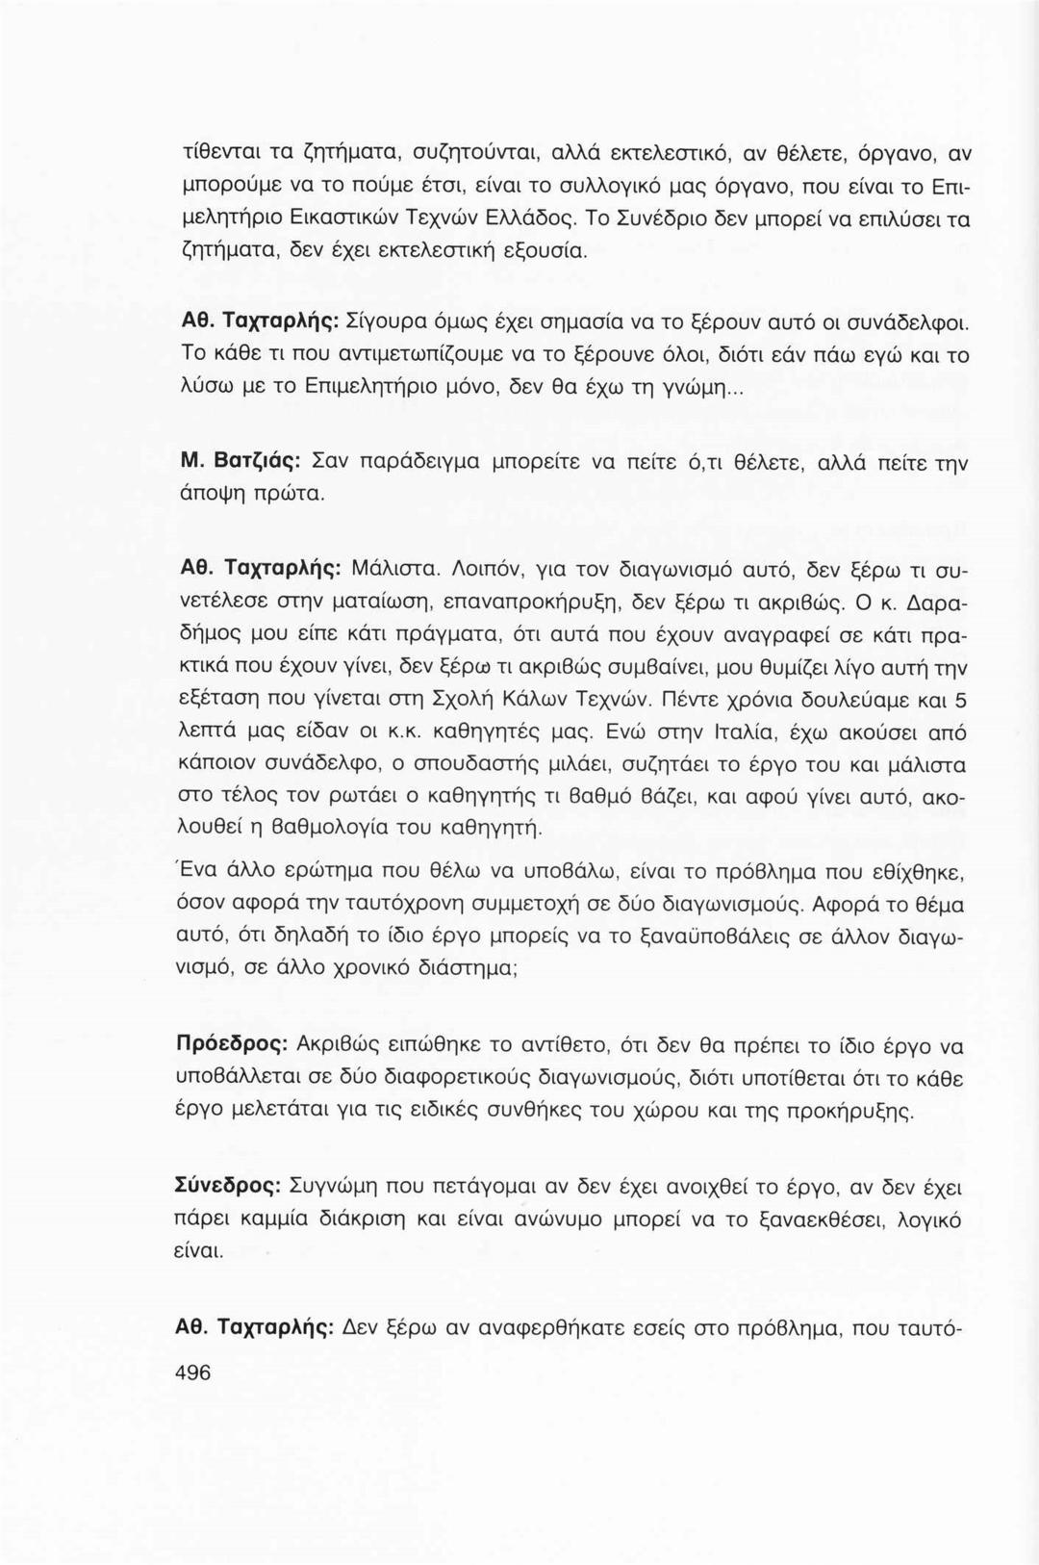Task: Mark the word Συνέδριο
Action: coord(662,218)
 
